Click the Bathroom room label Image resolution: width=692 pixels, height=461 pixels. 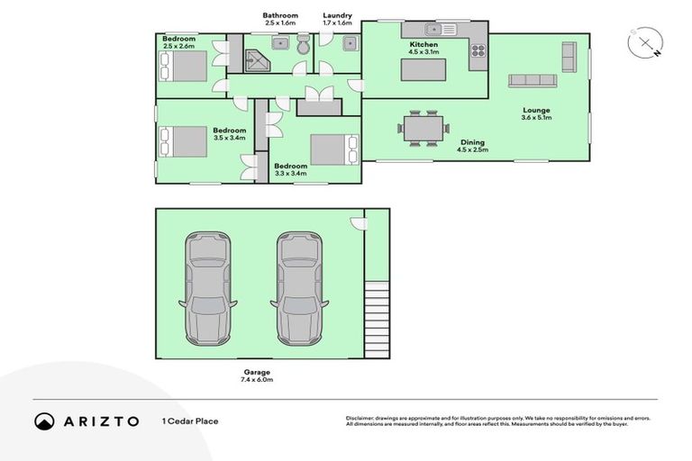280,15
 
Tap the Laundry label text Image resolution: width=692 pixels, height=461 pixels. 337,15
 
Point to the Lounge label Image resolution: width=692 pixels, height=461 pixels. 536,110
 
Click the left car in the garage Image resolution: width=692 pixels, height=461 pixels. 207,288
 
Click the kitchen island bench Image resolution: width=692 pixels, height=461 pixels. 423,69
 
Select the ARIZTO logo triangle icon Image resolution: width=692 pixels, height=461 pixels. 45,420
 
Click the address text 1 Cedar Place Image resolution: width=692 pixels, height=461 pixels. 190,420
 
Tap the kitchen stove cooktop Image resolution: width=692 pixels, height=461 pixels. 477,51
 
